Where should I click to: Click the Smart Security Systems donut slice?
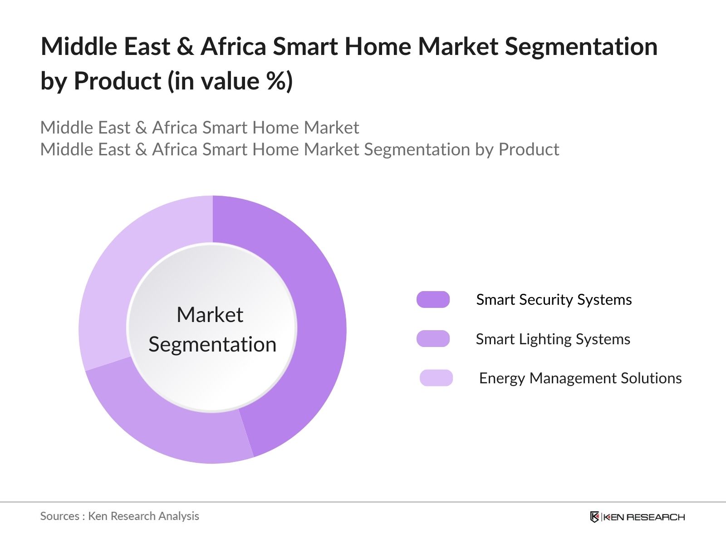click(318, 318)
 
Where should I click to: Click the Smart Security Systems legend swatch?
click(433, 300)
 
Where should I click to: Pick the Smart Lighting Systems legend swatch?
click(433, 339)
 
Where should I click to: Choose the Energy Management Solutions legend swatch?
click(436, 378)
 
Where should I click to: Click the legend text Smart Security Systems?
click(554, 300)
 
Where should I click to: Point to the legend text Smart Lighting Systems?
click(553, 339)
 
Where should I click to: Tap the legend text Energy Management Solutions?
click(580, 378)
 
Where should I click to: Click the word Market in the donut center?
click(210, 315)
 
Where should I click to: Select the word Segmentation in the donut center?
click(212, 344)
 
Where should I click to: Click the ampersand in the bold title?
click(185, 47)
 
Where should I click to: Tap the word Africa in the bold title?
click(233, 47)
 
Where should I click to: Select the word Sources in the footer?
click(59, 516)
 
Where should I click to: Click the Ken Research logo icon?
click(594, 517)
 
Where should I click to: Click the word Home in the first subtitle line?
click(275, 128)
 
